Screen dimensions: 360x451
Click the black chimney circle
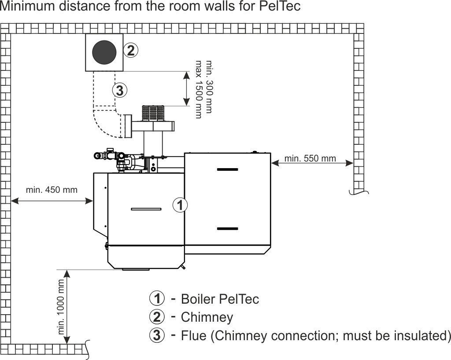(x=104, y=53)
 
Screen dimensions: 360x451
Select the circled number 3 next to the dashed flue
(x=119, y=91)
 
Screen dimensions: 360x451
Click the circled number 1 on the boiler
(x=179, y=205)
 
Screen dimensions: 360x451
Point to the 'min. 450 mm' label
(x=52, y=190)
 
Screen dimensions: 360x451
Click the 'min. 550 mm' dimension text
(x=310, y=158)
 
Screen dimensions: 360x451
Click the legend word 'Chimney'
(x=207, y=317)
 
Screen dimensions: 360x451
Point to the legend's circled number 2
(x=157, y=317)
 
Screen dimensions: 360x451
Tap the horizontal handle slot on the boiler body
(x=143, y=209)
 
